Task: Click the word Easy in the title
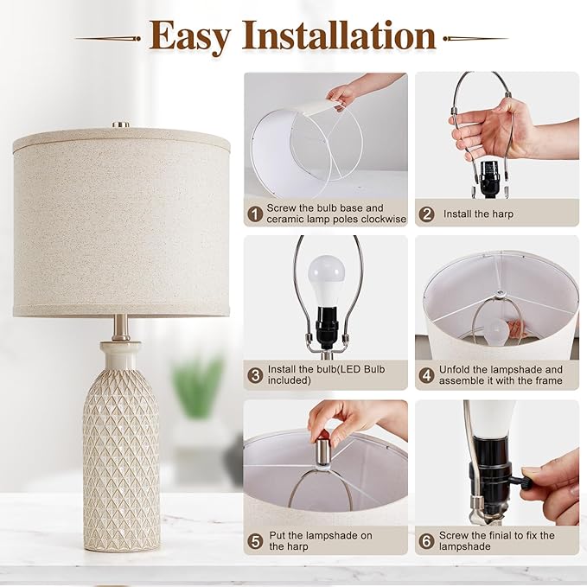click(190, 35)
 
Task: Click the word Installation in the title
click(338, 35)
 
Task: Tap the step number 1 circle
click(255, 213)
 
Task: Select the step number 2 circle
click(427, 213)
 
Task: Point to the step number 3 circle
click(255, 375)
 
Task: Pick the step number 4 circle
click(427, 375)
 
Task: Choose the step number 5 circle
click(255, 540)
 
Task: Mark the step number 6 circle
click(427, 540)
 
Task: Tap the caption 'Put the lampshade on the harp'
click(320, 541)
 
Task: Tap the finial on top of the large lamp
click(121, 124)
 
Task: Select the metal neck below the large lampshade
click(121, 328)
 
